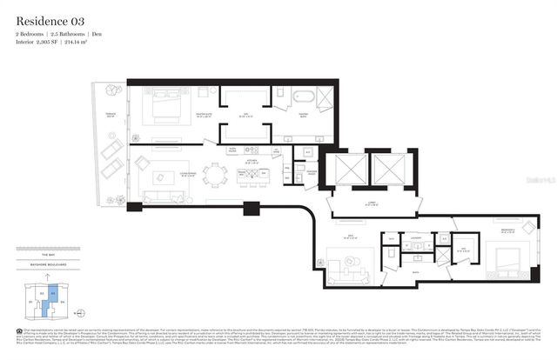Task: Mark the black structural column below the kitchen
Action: (252, 209)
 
